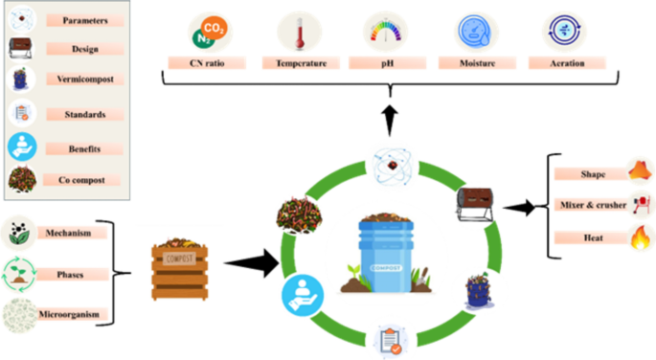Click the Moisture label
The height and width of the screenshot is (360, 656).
click(473, 63)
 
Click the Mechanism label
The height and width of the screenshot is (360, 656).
click(73, 232)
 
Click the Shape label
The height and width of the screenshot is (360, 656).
click(590, 174)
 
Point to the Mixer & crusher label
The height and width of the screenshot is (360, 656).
click(590, 205)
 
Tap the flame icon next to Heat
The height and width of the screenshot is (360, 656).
click(640, 237)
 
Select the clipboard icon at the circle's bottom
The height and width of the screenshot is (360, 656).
click(391, 340)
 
